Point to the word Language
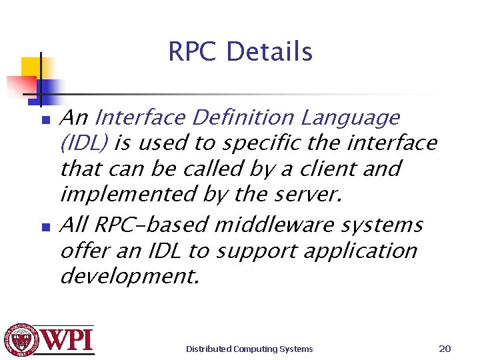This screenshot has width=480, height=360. click(x=349, y=118)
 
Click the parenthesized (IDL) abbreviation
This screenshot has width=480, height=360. click(x=84, y=143)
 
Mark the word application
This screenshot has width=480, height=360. click(x=360, y=251)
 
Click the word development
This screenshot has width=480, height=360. click(x=129, y=276)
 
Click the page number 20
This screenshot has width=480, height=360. click(x=445, y=349)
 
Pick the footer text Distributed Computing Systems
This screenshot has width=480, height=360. click(x=249, y=349)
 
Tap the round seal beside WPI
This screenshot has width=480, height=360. click(x=21, y=341)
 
